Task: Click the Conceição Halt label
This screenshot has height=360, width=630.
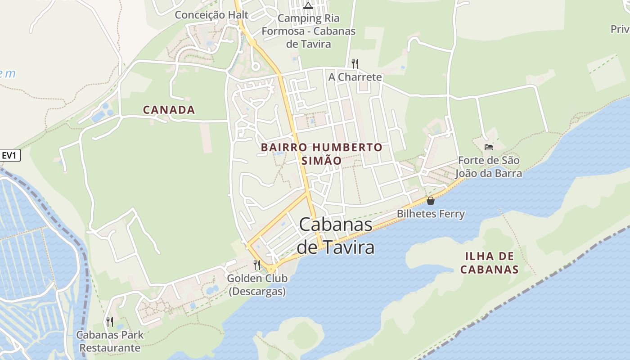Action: [211, 15]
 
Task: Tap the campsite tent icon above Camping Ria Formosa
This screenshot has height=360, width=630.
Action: [308, 5]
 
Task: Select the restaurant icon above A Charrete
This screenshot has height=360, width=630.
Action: [355, 63]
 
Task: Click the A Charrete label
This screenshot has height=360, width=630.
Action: [355, 77]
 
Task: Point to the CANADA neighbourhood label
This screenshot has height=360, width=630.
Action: [169, 110]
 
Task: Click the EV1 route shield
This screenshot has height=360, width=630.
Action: [9, 156]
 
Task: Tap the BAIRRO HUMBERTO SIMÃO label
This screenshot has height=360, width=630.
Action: [321, 153]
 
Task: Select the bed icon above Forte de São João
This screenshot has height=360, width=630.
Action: [488, 147]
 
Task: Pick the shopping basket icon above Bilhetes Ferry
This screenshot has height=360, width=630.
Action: [430, 201]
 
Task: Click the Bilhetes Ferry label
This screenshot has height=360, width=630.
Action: [430, 214]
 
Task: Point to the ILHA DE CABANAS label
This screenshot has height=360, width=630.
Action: [490, 263]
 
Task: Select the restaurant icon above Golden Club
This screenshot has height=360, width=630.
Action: [257, 265]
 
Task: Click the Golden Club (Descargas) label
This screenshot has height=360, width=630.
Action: [257, 284]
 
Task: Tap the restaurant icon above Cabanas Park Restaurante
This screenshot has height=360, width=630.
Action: [110, 321]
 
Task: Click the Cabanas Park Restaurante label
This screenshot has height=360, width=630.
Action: [110, 341]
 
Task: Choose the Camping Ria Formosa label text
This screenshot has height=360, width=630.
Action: [308, 31]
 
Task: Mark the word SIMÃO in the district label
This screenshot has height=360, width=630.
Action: [321, 160]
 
